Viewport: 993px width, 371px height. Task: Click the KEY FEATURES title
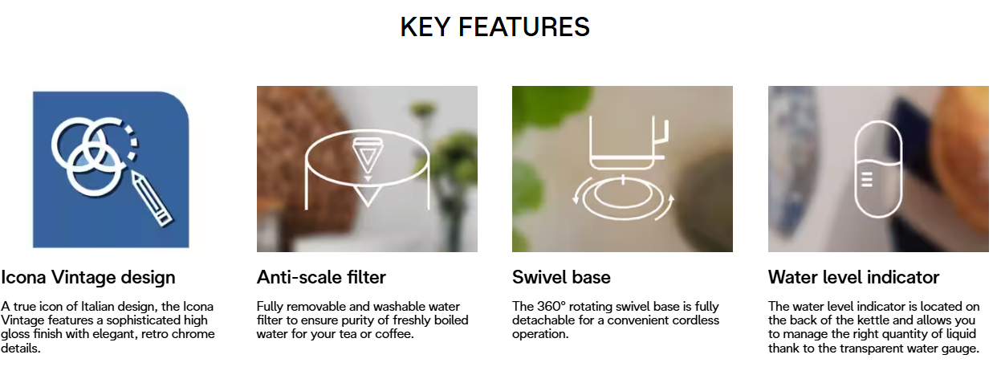(494, 27)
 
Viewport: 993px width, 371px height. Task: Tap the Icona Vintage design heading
(88, 278)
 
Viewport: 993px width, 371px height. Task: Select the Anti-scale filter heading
(321, 278)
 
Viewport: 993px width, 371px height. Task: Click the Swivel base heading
(561, 278)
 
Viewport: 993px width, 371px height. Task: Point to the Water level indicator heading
(853, 278)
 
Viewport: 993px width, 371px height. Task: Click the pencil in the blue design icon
(152, 200)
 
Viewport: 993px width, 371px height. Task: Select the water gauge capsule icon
(877, 169)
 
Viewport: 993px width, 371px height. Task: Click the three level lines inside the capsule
(867, 180)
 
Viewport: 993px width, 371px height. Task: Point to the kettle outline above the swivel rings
(627, 143)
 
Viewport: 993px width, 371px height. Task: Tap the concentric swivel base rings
(623, 198)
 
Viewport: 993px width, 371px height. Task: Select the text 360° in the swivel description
(551, 306)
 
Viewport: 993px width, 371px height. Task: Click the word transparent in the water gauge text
(873, 349)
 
